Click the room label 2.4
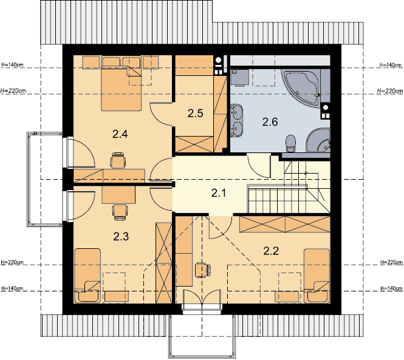tap(120, 134)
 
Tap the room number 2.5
tap(195, 113)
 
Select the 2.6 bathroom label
tap(270, 122)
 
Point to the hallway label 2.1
tap(219, 193)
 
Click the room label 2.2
tap(271, 251)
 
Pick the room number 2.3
tap(121, 236)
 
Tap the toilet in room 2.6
tap(291, 144)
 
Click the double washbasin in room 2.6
tap(236, 120)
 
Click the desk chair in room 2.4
tap(118, 160)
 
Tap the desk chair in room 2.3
tap(120, 212)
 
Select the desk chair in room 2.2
tap(203, 270)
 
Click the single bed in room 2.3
tap(87, 276)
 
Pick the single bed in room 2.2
tap(317, 276)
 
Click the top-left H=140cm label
tap(13, 64)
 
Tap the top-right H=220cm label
tap(390, 91)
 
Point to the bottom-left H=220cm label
tap(12, 262)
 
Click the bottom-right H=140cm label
tap(391, 288)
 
